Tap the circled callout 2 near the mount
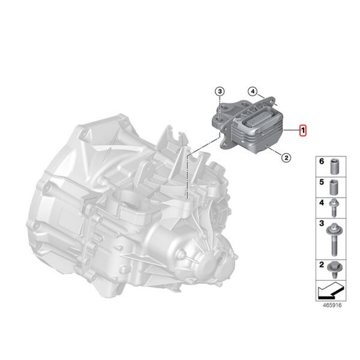tap(286, 157)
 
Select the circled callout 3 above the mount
tap(220, 91)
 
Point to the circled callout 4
tap(253, 92)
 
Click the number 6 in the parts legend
tap(321, 163)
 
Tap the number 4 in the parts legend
tap(321, 204)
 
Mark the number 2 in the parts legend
tap(321, 265)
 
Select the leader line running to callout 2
tap(273, 151)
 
